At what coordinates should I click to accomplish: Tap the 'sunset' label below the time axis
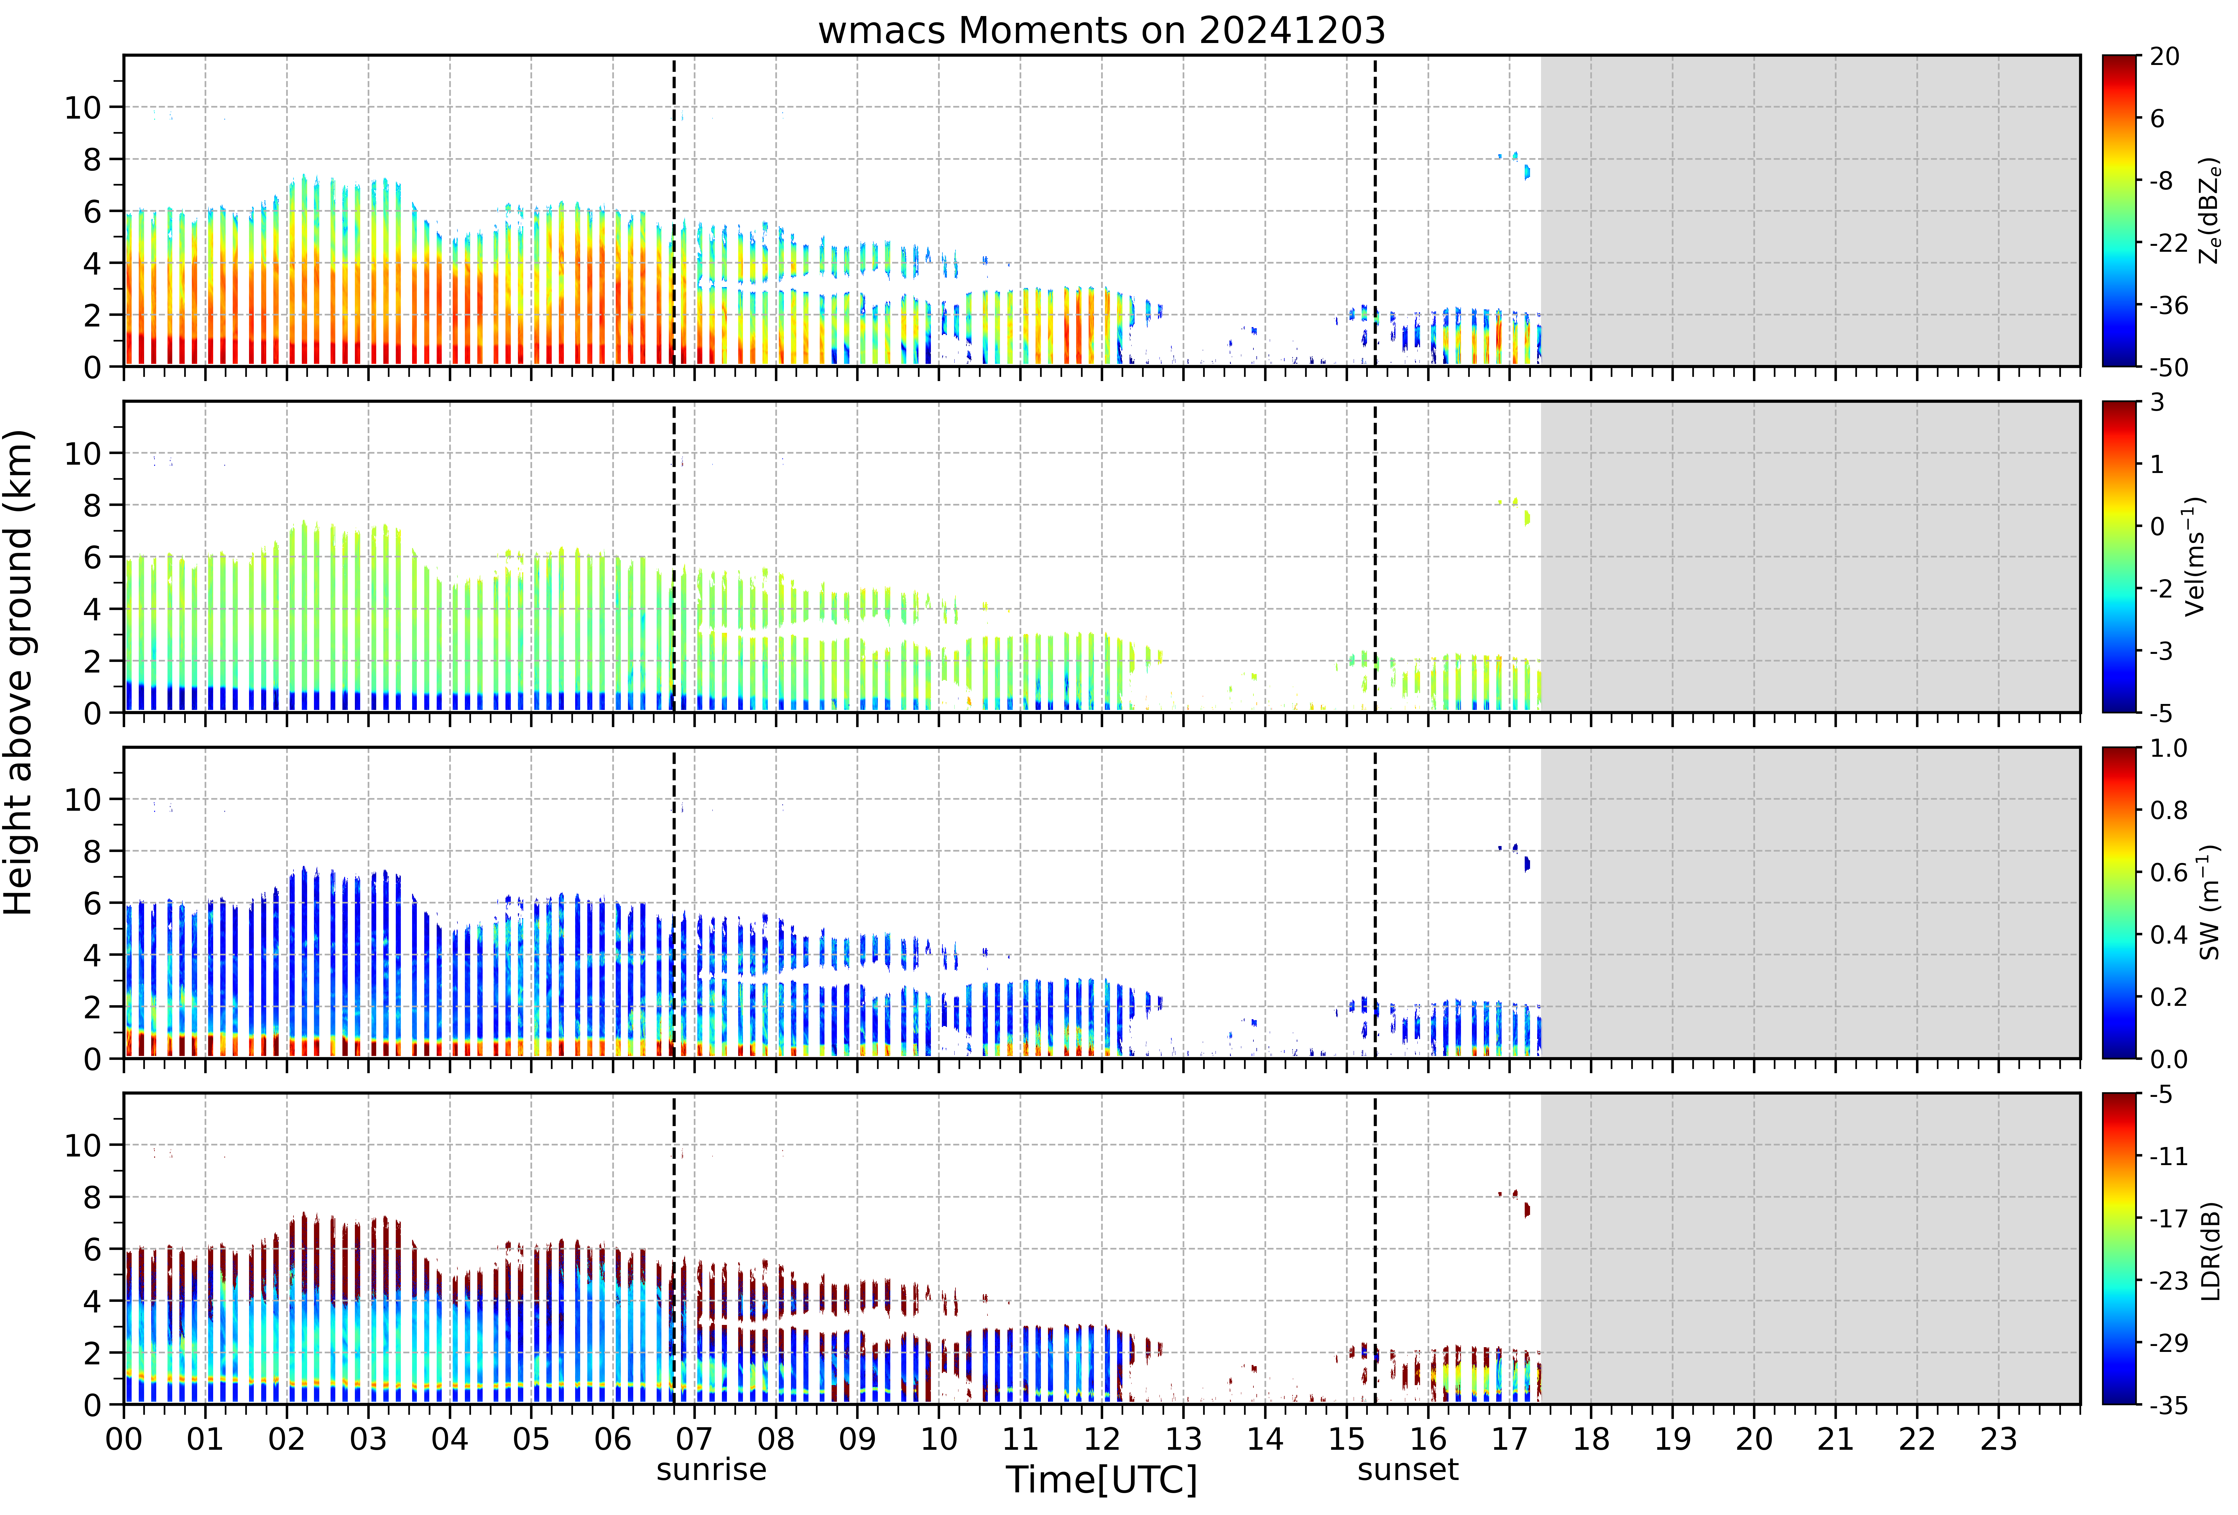pos(1408,1470)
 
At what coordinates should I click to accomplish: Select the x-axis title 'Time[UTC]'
pos(1102,1479)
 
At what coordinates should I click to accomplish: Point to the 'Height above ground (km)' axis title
pos(19,672)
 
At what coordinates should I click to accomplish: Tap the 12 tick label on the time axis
pos(1102,1439)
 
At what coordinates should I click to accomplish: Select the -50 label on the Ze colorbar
pos(2169,367)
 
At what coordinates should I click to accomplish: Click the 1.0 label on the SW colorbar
pos(2168,748)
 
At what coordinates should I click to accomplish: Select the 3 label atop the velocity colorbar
pos(2157,403)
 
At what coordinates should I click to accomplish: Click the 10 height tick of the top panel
pos(83,108)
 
